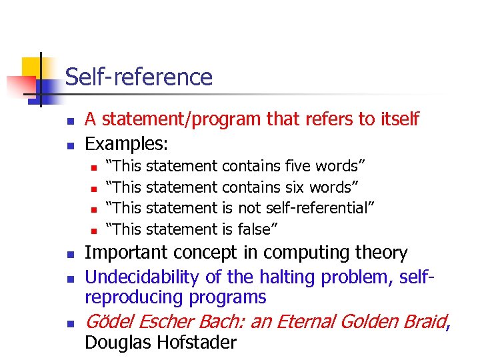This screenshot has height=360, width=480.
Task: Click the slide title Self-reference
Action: pos(139,77)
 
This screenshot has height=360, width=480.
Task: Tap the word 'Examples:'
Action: pos(127,143)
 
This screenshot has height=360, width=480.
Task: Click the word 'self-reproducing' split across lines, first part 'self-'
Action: pos(417,277)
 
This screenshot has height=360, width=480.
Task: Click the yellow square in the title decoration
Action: pos(31,67)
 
